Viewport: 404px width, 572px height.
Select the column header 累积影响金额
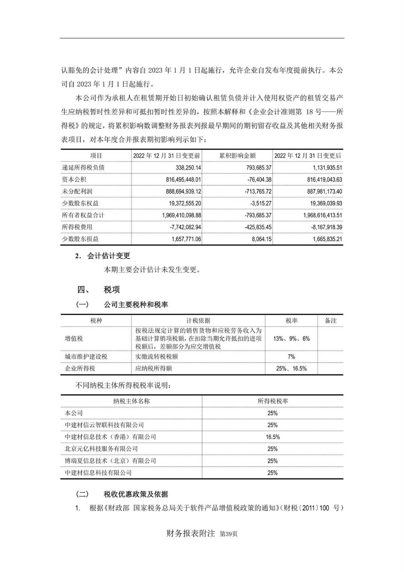pyautogui.click(x=237, y=156)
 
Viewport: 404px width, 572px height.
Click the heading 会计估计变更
pyautogui.click(x=108, y=256)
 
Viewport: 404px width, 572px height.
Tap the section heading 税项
pyautogui.click(x=112, y=290)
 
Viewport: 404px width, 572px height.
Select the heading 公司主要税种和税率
pyautogui.click(x=136, y=305)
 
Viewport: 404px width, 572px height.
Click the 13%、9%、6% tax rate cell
pyautogui.click(x=292, y=339)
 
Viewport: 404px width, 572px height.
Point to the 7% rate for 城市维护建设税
pyautogui.click(x=292, y=357)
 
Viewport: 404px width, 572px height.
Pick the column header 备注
pyautogui.click(x=331, y=321)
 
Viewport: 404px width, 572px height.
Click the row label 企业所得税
pyautogui.click(x=80, y=368)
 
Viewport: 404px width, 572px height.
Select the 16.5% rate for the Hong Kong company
pyautogui.click(x=272, y=437)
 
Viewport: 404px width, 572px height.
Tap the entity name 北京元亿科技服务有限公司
pyautogui.click(x=101, y=449)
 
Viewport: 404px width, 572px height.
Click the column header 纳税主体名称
pyautogui.click(x=131, y=401)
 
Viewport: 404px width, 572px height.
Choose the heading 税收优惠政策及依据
pyautogui.click(x=136, y=494)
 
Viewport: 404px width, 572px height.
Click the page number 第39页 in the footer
pyautogui.click(x=228, y=534)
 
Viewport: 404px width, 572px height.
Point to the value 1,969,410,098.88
pyautogui.click(x=179, y=215)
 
